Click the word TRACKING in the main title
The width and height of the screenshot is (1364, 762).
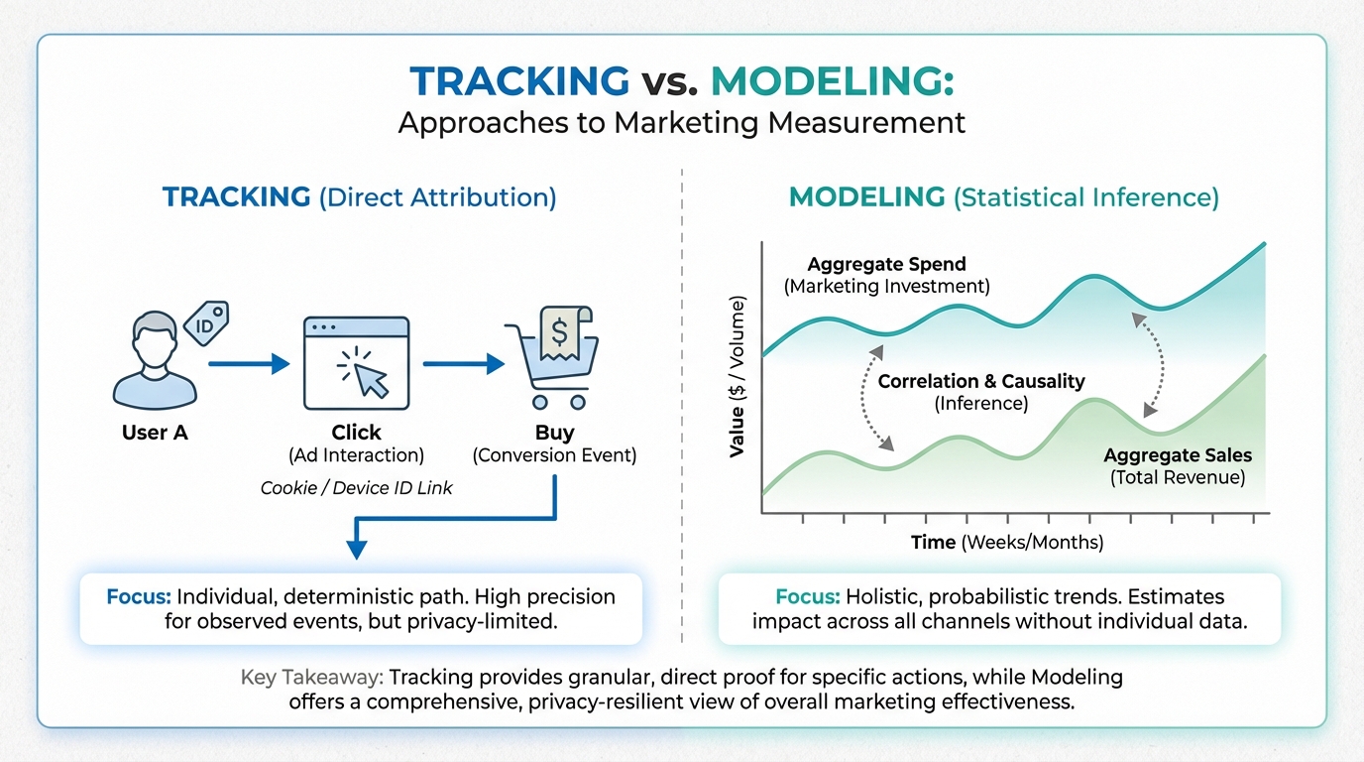tap(519, 81)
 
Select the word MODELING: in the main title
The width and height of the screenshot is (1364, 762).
tap(833, 81)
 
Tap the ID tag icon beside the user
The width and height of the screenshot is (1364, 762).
tap(206, 323)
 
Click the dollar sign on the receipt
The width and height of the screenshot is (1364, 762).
tap(559, 332)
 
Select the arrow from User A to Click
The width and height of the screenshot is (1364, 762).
tap(249, 364)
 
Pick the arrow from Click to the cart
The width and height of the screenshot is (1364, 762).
tap(463, 364)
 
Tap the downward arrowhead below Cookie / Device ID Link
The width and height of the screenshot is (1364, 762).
tap(356, 550)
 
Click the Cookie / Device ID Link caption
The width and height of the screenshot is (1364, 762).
tap(356, 488)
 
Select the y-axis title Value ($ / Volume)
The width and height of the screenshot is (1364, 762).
tap(737, 377)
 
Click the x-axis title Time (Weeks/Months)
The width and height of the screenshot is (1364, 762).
tap(1007, 542)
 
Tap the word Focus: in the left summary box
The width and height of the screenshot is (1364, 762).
tap(139, 596)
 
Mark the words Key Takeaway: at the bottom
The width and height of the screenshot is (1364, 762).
tap(312, 678)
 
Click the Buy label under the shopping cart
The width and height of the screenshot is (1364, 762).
tap(555, 433)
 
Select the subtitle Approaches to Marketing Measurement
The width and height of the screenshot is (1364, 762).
tap(682, 122)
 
